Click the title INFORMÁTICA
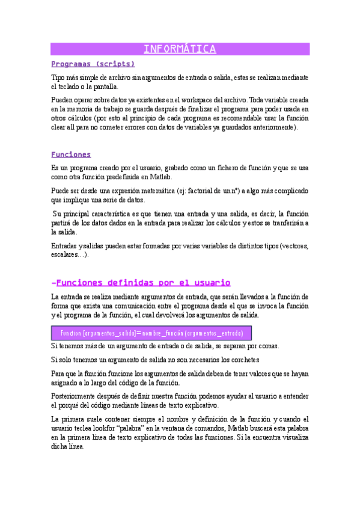pos(180,49)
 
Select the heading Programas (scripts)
pos(93,63)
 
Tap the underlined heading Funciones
pos(71,154)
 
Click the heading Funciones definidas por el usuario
pos(141,282)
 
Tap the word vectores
pos(291,246)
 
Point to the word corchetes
pos(241,360)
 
